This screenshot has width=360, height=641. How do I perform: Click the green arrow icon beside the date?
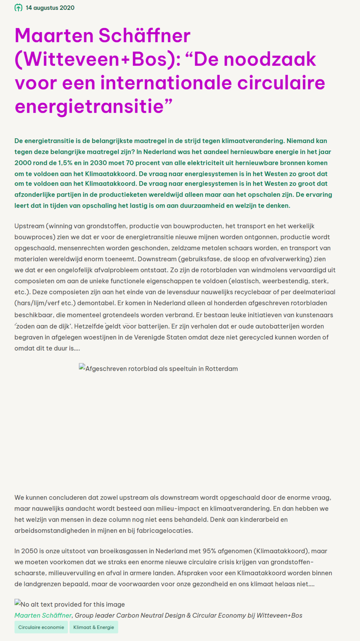pyautogui.click(x=19, y=8)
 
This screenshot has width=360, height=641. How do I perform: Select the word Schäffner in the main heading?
pyautogui.click(x=145, y=36)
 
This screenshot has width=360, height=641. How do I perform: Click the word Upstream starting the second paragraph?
pyautogui.click(x=29, y=226)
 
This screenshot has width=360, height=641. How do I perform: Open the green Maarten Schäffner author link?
pyautogui.click(x=43, y=616)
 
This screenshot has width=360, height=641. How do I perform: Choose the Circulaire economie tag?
pyautogui.click(x=41, y=627)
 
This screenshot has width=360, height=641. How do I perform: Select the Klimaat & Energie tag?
pyautogui.click(x=94, y=627)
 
